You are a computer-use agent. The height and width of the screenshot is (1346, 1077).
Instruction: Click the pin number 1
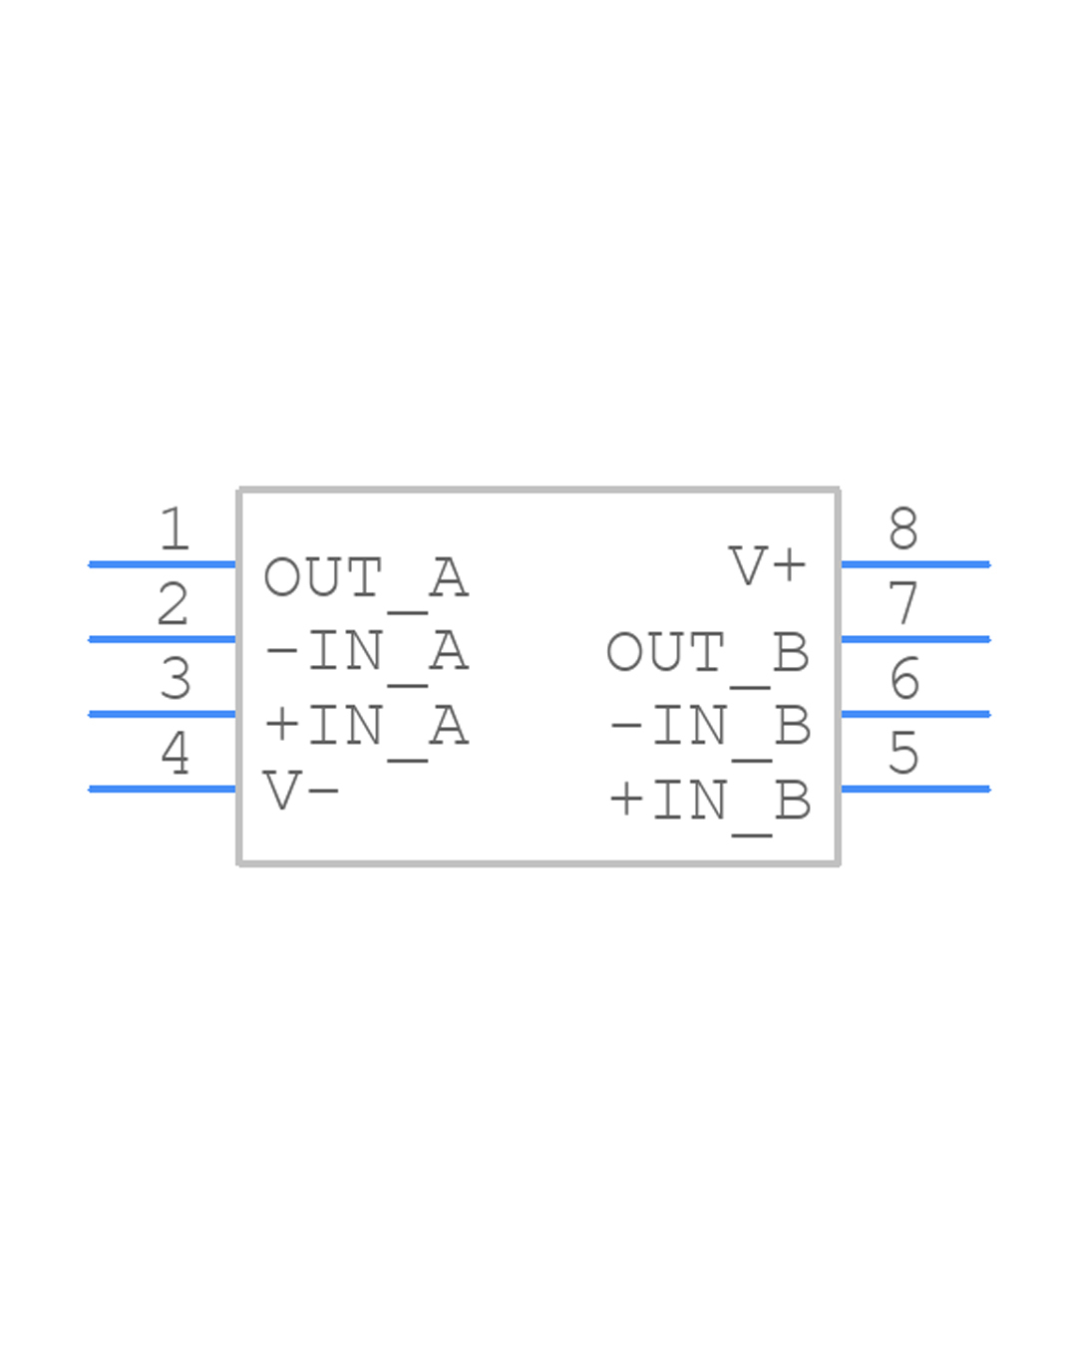click(175, 528)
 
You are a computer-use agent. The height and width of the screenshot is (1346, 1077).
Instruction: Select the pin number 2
click(173, 604)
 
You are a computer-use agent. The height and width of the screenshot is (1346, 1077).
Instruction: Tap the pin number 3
click(176, 679)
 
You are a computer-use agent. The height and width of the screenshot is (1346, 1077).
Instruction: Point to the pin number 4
click(176, 753)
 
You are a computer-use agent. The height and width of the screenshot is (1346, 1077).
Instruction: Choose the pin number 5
click(903, 753)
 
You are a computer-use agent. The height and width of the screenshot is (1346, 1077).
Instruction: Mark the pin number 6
click(904, 679)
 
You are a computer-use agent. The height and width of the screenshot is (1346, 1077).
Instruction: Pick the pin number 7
click(903, 604)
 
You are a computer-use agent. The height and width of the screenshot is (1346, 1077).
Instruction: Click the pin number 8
click(903, 528)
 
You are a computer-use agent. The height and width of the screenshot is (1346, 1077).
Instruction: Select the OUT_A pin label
click(365, 578)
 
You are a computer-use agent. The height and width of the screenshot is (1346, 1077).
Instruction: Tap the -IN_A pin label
click(365, 652)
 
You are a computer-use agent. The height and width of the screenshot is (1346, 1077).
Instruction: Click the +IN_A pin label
click(365, 726)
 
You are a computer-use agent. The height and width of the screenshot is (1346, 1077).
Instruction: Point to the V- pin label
click(301, 792)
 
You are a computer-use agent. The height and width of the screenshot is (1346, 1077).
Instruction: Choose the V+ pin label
click(767, 566)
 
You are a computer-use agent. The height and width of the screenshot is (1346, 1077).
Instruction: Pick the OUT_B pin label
click(707, 653)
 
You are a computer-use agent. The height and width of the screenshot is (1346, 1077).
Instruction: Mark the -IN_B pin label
click(709, 726)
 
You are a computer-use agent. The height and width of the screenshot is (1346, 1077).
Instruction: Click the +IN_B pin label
click(709, 801)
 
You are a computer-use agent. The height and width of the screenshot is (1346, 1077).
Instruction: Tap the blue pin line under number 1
click(163, 564)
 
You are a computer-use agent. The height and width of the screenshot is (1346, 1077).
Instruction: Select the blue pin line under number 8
click(915, 564)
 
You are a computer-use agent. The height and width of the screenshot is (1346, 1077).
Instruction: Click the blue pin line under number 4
click(163, 789)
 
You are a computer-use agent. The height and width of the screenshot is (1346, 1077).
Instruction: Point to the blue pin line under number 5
click(915, 789)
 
